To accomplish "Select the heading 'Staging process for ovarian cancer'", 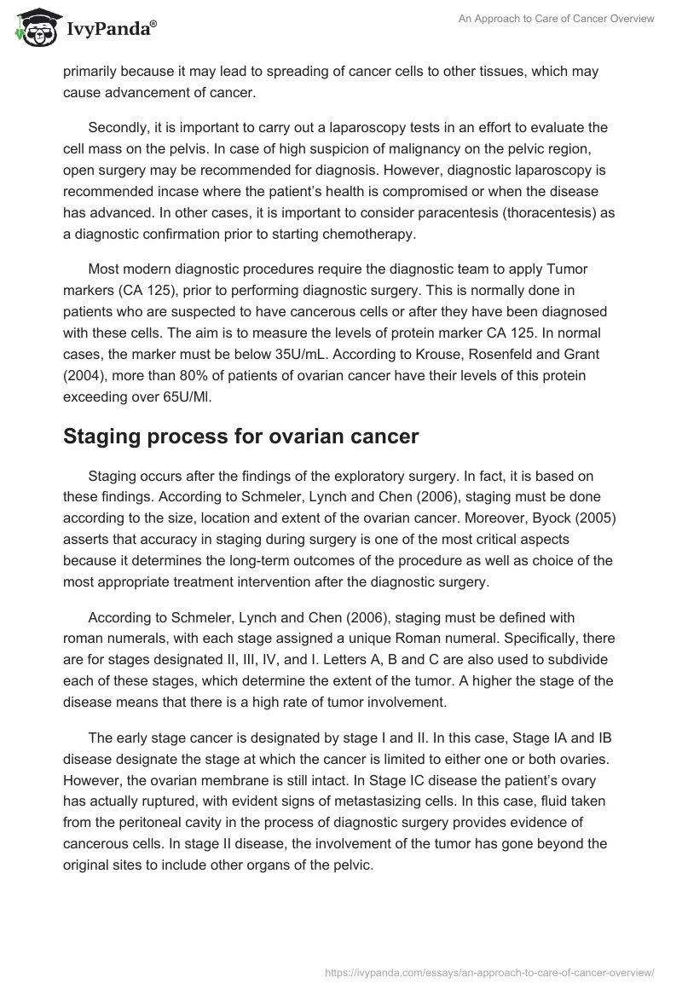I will click(241, 437).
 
